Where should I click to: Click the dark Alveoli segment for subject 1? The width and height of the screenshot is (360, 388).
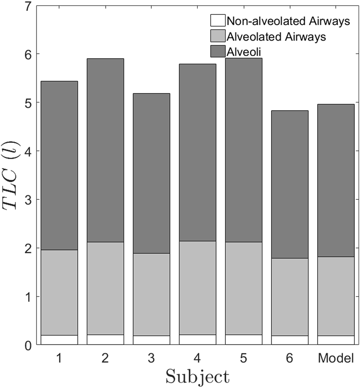[59, 165]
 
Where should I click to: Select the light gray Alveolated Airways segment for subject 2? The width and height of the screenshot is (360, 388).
[105, 288]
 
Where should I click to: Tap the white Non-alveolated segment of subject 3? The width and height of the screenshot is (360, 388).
[151, 340]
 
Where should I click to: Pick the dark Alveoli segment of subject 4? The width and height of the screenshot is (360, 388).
[198, 152]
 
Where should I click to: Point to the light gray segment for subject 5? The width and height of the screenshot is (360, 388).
[244, 288]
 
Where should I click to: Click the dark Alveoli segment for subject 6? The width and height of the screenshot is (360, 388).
[290, 184]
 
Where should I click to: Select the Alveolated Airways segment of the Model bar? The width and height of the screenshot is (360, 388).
[336, 296]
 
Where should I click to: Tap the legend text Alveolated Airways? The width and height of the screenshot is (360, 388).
[276, 37]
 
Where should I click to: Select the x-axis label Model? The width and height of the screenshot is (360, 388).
[336, 358]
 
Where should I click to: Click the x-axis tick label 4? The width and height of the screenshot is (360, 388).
[198, 358]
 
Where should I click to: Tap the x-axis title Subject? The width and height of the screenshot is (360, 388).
[197, 377]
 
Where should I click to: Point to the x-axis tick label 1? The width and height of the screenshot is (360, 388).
[59, 358]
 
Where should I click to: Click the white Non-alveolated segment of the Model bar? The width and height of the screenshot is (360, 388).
[336, 340]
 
